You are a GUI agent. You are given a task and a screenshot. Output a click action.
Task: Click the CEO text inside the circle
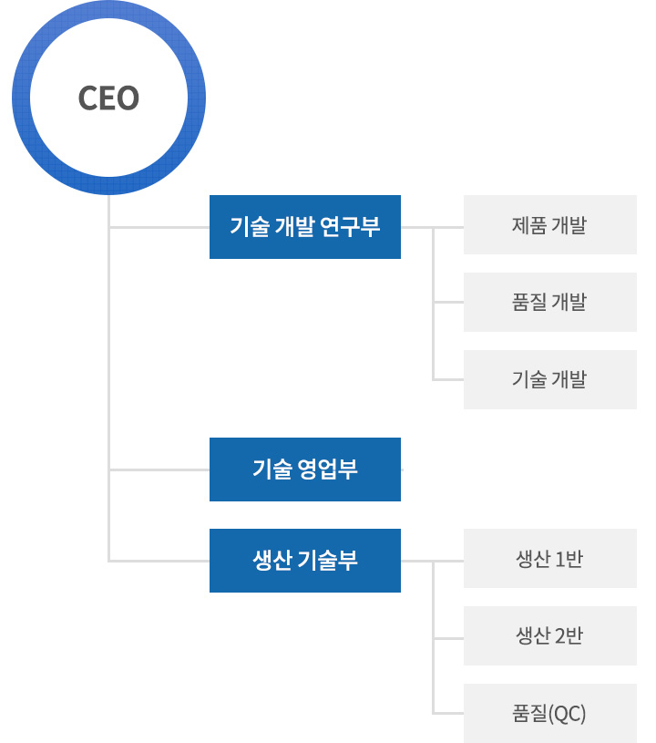(x=108, y=98)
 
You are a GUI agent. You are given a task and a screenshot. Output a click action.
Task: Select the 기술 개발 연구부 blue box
(x=305, y=227)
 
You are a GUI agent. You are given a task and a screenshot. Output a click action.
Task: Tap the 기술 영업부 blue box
(x=305, y=470)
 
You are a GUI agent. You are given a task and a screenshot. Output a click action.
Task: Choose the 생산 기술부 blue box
(x=305, y=561)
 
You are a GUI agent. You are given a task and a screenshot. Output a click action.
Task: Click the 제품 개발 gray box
(x=550, y=224)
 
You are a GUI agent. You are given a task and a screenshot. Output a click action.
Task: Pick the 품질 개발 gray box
(x=550, y=302)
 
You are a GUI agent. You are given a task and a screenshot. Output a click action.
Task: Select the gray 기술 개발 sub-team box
(x=550, y=379)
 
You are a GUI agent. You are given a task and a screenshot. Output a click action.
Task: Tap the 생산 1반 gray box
(x=550, y=558)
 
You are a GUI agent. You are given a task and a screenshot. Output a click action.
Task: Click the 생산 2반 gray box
(x=550, y=635)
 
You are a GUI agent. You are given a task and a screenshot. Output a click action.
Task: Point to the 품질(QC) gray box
(x=550, y=713)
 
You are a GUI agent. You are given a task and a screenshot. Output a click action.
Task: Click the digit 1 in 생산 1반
(x=559, y=560)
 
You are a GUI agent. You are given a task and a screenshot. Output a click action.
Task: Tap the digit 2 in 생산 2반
(x=559, y=636)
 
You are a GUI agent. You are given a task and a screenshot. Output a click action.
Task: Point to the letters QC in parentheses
(x=567, y=714)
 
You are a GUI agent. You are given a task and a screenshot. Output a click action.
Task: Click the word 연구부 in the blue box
(x=350, y=226)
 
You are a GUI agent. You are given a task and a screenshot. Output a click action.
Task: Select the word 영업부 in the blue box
(x=328, y=470)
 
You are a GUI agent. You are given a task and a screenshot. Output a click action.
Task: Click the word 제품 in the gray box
(x=529, y=225)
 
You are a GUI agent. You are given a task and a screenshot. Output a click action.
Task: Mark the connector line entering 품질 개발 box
(x=448, y=302)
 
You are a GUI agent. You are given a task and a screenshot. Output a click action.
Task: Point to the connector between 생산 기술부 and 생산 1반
(x=432, y=561)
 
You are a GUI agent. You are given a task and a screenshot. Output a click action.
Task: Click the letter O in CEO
(x=128, y=98)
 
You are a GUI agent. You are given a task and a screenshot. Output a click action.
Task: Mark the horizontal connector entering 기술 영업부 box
(x=159, y=470)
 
